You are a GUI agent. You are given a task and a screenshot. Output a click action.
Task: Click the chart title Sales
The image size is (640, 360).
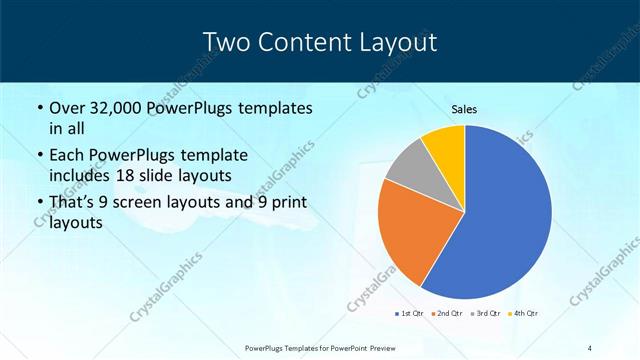(x=464, y=109)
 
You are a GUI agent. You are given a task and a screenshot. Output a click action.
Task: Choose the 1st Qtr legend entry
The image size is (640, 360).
(x=410, y=314)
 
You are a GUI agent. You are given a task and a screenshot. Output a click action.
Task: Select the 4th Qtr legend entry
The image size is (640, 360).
(x=525, y=314)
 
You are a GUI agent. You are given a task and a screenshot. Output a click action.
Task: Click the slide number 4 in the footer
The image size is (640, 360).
(x=589, y=348)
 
